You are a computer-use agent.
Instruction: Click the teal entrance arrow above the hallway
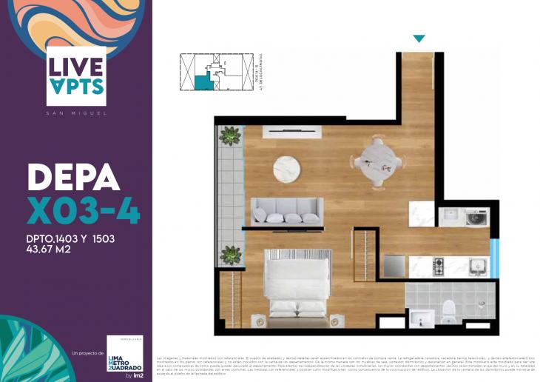[x=419, y=38]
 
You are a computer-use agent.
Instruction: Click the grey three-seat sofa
[x=284, y=212]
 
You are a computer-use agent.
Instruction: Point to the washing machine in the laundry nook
[x=474, y=217]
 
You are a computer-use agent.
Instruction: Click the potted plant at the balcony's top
[x=231, y=136]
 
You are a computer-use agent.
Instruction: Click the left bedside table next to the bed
[x=257, y=321]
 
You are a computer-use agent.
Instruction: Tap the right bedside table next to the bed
[x=336, y=321]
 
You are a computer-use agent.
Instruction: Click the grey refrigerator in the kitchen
[x=394, y=266]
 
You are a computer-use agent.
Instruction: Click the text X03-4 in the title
[x=83, y=211]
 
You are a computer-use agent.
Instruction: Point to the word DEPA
[x=72, y=178]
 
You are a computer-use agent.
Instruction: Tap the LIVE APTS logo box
[x=76, y=73]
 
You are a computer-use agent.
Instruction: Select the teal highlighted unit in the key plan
[x=201, y=82]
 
